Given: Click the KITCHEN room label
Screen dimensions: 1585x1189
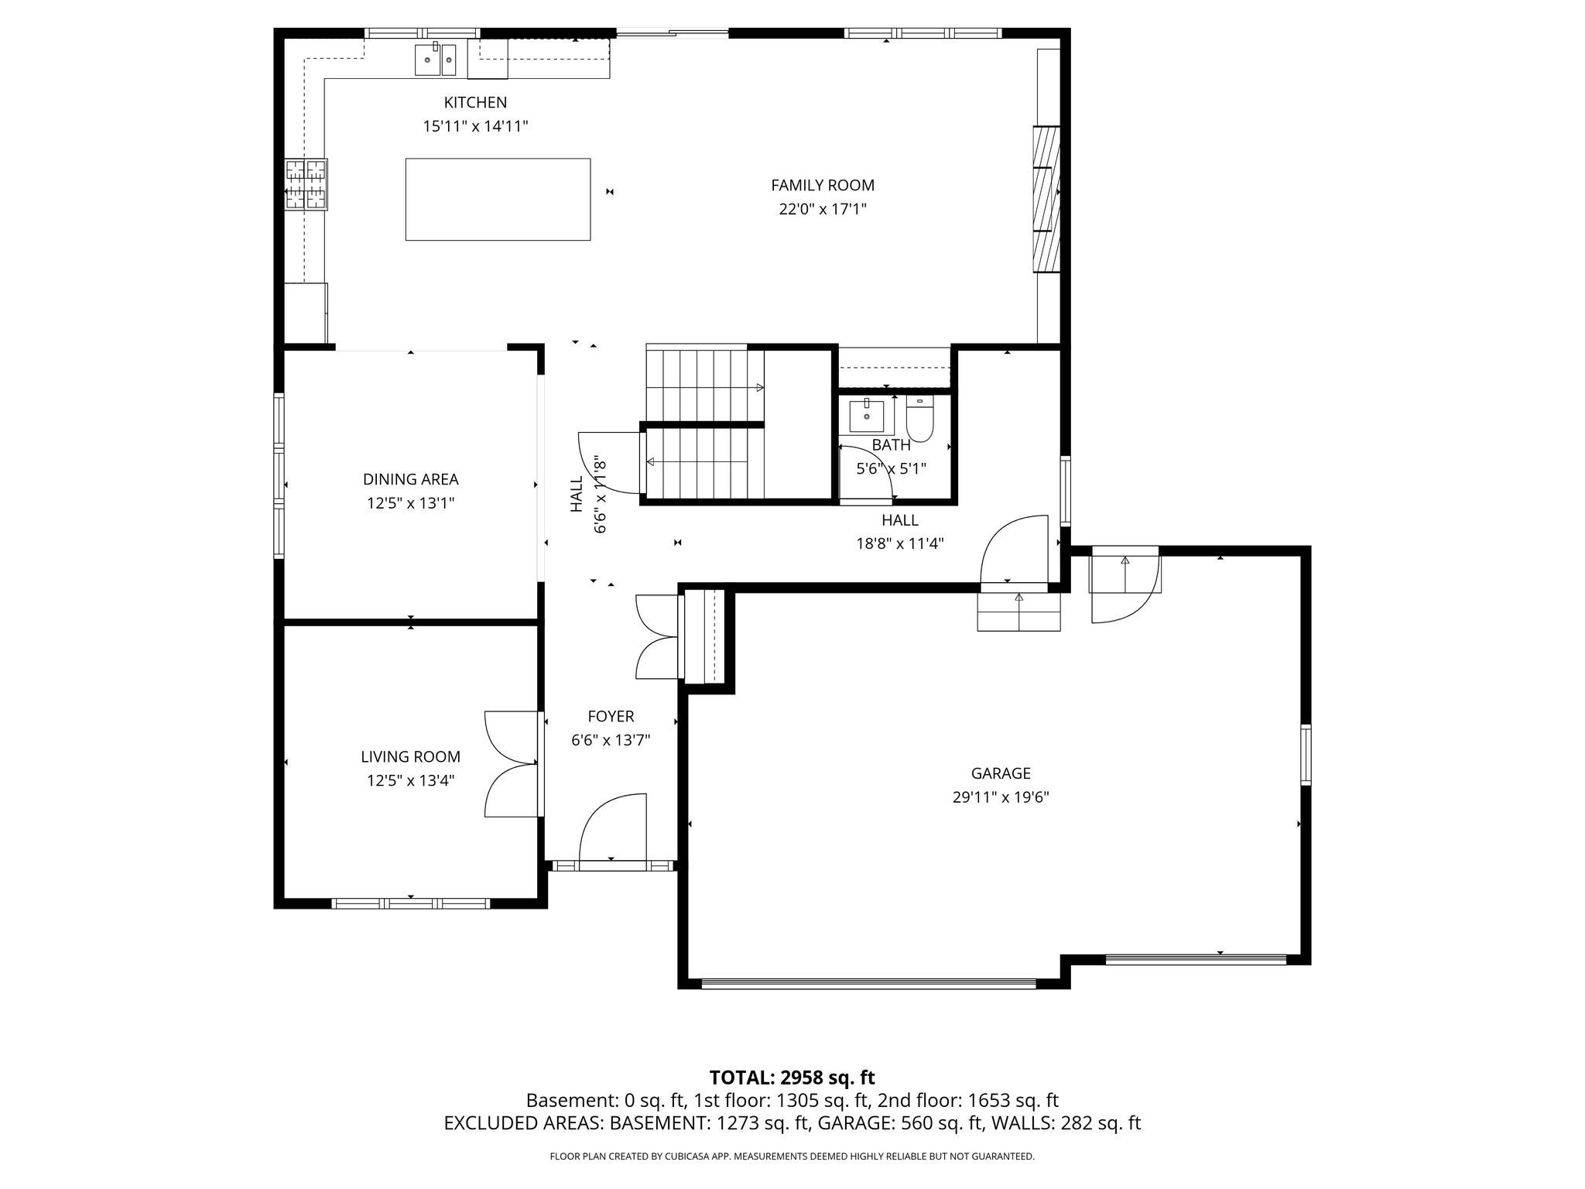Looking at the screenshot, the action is tap(475, 102).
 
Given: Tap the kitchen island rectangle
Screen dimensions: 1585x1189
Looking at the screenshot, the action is tap(498, 199).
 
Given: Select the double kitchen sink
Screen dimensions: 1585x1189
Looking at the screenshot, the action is tap(436, 60).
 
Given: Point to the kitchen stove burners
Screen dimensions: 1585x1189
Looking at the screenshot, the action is tap(306, 183).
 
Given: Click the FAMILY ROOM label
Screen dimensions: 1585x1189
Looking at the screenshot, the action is tap(823, 185).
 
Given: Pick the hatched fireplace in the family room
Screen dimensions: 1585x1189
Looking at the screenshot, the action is tap(1046, 199).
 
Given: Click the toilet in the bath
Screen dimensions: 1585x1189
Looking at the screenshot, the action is tap(919, 418).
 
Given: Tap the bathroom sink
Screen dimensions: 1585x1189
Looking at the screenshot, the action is tap(866, 416).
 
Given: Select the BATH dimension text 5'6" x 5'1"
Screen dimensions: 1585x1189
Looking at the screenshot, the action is tap(891, 468).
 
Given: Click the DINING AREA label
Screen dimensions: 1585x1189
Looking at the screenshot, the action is tap(411, 479).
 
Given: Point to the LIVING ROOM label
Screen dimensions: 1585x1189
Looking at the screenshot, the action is tap(410, 756).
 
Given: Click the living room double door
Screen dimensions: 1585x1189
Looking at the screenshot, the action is tap(512, 763).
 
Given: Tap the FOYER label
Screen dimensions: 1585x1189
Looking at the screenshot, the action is tap(611, 717).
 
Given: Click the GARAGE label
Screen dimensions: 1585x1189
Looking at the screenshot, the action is tap(1001, 773).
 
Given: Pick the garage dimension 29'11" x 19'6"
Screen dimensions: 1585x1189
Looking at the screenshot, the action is tap(1001, 797).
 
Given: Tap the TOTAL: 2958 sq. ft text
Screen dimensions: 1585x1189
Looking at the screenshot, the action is tap(792, 1077).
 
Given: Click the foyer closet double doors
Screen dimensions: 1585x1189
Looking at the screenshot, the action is tap(656, 637).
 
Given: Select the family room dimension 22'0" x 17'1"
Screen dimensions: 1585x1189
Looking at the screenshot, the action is tap(823, 209).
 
